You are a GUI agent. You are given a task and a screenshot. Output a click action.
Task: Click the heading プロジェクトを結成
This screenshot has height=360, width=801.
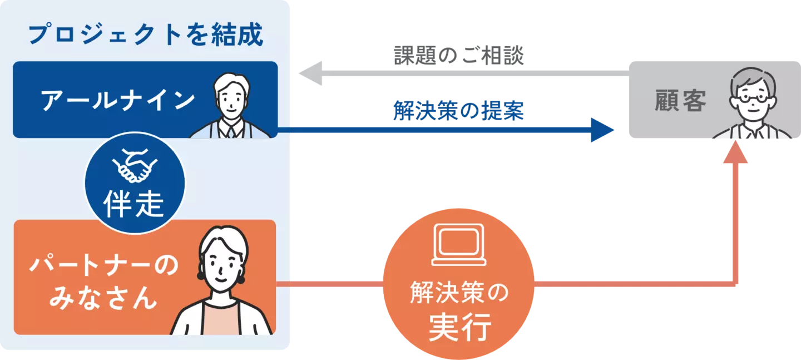pyautogui.click(x=145, y=35)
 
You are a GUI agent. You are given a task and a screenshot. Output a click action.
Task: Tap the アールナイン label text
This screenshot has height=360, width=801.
pyautogui.click(x=118, y=101)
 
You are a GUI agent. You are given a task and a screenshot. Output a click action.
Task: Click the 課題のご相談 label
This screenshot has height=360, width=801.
pyautogui.click(x=458, y=56)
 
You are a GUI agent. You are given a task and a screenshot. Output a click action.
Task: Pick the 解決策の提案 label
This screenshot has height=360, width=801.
pyautogui.click(x=458, y=111)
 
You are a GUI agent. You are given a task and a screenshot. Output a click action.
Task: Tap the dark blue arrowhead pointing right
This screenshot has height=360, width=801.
pyautogui.click(x=602, y=130)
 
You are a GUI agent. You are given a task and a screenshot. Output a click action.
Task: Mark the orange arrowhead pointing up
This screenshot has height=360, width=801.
pyautogui.click(x=735, y=152)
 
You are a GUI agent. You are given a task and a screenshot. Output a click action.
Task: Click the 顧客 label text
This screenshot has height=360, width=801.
pyautogui.click(x=680, y=101)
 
